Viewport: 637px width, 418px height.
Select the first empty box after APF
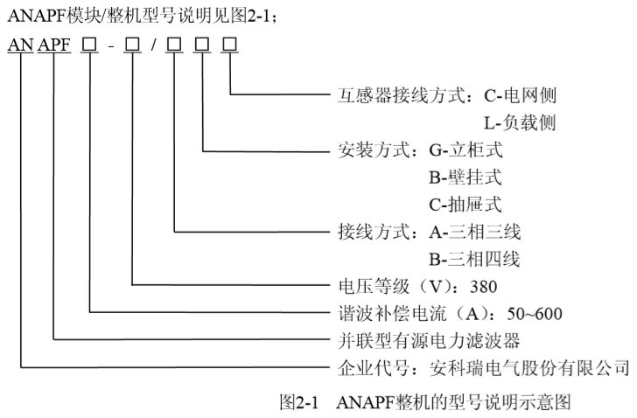[x=92, y=44]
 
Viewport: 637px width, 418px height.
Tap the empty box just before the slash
[x=133, y=44]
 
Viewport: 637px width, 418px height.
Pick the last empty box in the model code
[x=232, y=44]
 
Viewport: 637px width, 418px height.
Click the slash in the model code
[x=154, y=44]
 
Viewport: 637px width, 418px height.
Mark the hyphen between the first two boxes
[x=113, y=45]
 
